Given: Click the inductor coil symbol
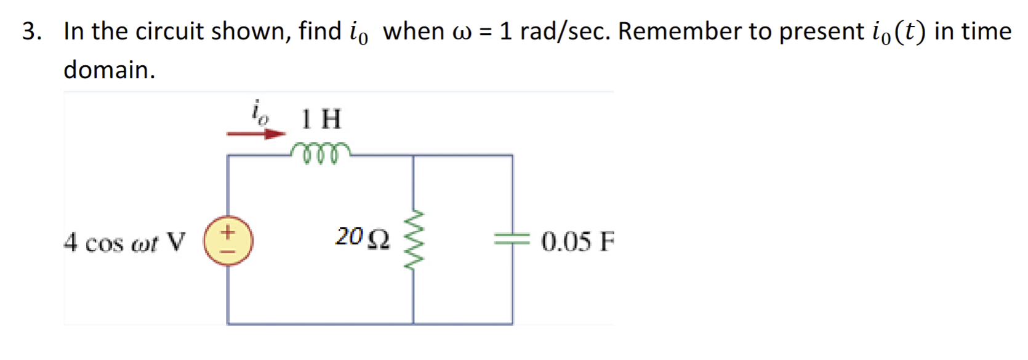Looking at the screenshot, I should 320,153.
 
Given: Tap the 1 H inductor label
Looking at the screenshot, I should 321,119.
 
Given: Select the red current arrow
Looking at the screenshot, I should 256,134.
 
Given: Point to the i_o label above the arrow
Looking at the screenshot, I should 260,112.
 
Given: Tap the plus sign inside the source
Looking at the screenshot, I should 228,233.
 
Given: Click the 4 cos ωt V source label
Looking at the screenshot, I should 124,242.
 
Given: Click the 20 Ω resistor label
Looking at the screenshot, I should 362,238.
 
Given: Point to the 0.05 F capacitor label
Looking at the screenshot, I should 577,241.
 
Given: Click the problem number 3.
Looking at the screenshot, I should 31,31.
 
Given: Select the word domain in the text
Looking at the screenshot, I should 109,70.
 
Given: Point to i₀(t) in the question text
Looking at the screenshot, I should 896,32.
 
